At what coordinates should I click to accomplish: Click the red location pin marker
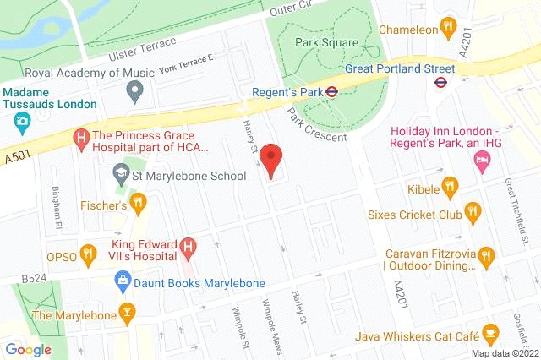270,159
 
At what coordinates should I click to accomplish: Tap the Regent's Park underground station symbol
334,92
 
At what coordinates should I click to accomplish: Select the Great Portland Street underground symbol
440,82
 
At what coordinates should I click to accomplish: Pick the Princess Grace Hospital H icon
81,136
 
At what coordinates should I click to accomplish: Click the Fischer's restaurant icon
139,204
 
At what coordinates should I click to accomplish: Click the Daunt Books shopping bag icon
123,278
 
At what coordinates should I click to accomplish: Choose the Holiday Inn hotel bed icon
482,161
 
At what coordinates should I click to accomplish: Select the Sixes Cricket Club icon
473,212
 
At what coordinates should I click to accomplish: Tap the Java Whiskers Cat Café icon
489,333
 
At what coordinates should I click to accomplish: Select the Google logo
28,349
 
